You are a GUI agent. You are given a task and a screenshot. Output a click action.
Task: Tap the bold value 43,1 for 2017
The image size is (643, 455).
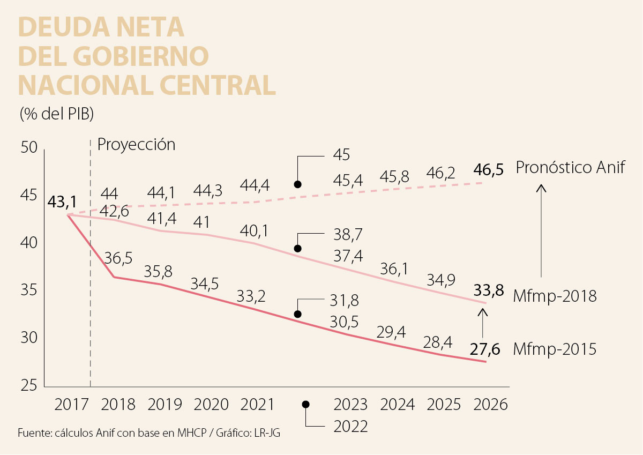pos(62,202)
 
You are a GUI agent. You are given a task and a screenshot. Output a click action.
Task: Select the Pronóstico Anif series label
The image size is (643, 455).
pos(571,168)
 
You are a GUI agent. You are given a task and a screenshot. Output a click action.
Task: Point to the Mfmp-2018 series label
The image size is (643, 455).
pos(555,295)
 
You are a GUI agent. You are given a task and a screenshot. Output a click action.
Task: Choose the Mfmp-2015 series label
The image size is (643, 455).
pos(555,350)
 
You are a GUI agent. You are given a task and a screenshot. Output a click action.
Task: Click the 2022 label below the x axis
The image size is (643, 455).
pos(351,427)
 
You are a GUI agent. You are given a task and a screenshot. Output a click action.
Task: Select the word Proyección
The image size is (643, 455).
pos(136,145)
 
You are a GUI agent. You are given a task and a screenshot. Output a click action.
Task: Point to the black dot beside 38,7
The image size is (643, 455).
pos(298,249)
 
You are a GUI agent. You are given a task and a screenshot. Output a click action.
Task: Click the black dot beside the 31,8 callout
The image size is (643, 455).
pos(298,314)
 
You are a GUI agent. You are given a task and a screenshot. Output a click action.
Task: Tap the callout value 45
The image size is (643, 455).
pos(341,156)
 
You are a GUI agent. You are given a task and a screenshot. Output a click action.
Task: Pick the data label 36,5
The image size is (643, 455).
pos(118,258)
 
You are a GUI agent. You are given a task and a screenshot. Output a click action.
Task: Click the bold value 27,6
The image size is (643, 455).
pos(485,349)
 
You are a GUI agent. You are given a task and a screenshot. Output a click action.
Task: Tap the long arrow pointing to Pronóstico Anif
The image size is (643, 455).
pos(541,230)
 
